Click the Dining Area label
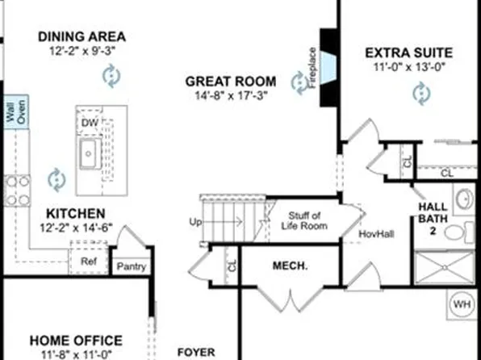[x=82, y=36]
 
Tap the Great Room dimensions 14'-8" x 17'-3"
[x=231, y=95]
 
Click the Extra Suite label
[x=409, y=53]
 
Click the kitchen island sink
[x=88, y=152]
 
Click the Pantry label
[x=131, y=266]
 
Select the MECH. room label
[x=287, y=265]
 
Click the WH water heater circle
[x=462, y=303]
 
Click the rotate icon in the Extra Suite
[x=420, y=94]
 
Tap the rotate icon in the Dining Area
[x=110, y=76]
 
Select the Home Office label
[x=76, y=341]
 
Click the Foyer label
[x=196, y=352]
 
